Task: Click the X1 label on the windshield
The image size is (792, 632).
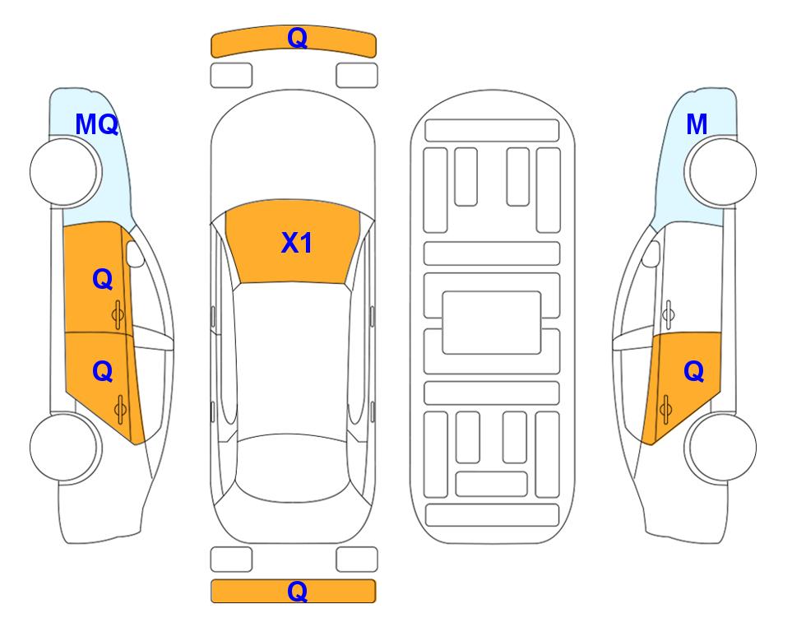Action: [x=297, y=243]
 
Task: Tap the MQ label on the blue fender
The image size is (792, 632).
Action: [x=96, y=124]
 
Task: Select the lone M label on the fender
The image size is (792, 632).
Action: [x=697, y=124]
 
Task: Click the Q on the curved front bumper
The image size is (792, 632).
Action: [x=297, y=38]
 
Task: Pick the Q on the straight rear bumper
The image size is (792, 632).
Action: [x=297, y=591]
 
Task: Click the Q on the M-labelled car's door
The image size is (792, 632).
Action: [x=693, y=372]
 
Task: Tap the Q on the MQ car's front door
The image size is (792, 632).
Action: [x=103, y=279]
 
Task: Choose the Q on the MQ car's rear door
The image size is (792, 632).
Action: [x=103, y=372]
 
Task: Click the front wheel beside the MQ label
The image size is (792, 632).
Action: [x=66, y=172]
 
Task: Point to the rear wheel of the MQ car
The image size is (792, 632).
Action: [x=66, y=447]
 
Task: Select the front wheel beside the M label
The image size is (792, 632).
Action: [x=720, y=172]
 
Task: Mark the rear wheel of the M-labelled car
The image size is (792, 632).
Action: [x=720, y=447]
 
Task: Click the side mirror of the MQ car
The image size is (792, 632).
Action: [x=135, y=253]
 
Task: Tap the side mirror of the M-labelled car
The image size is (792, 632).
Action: [x=651, y=253]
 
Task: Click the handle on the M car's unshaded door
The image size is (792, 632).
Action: [x=669, y=314]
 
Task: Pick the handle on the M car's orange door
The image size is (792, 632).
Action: [x=665, y=409]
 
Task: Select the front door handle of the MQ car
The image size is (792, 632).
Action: [x=118, y=314]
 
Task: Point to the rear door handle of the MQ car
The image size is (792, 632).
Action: [x=120, y=409]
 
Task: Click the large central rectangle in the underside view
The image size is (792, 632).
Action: [x=492, y=323]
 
